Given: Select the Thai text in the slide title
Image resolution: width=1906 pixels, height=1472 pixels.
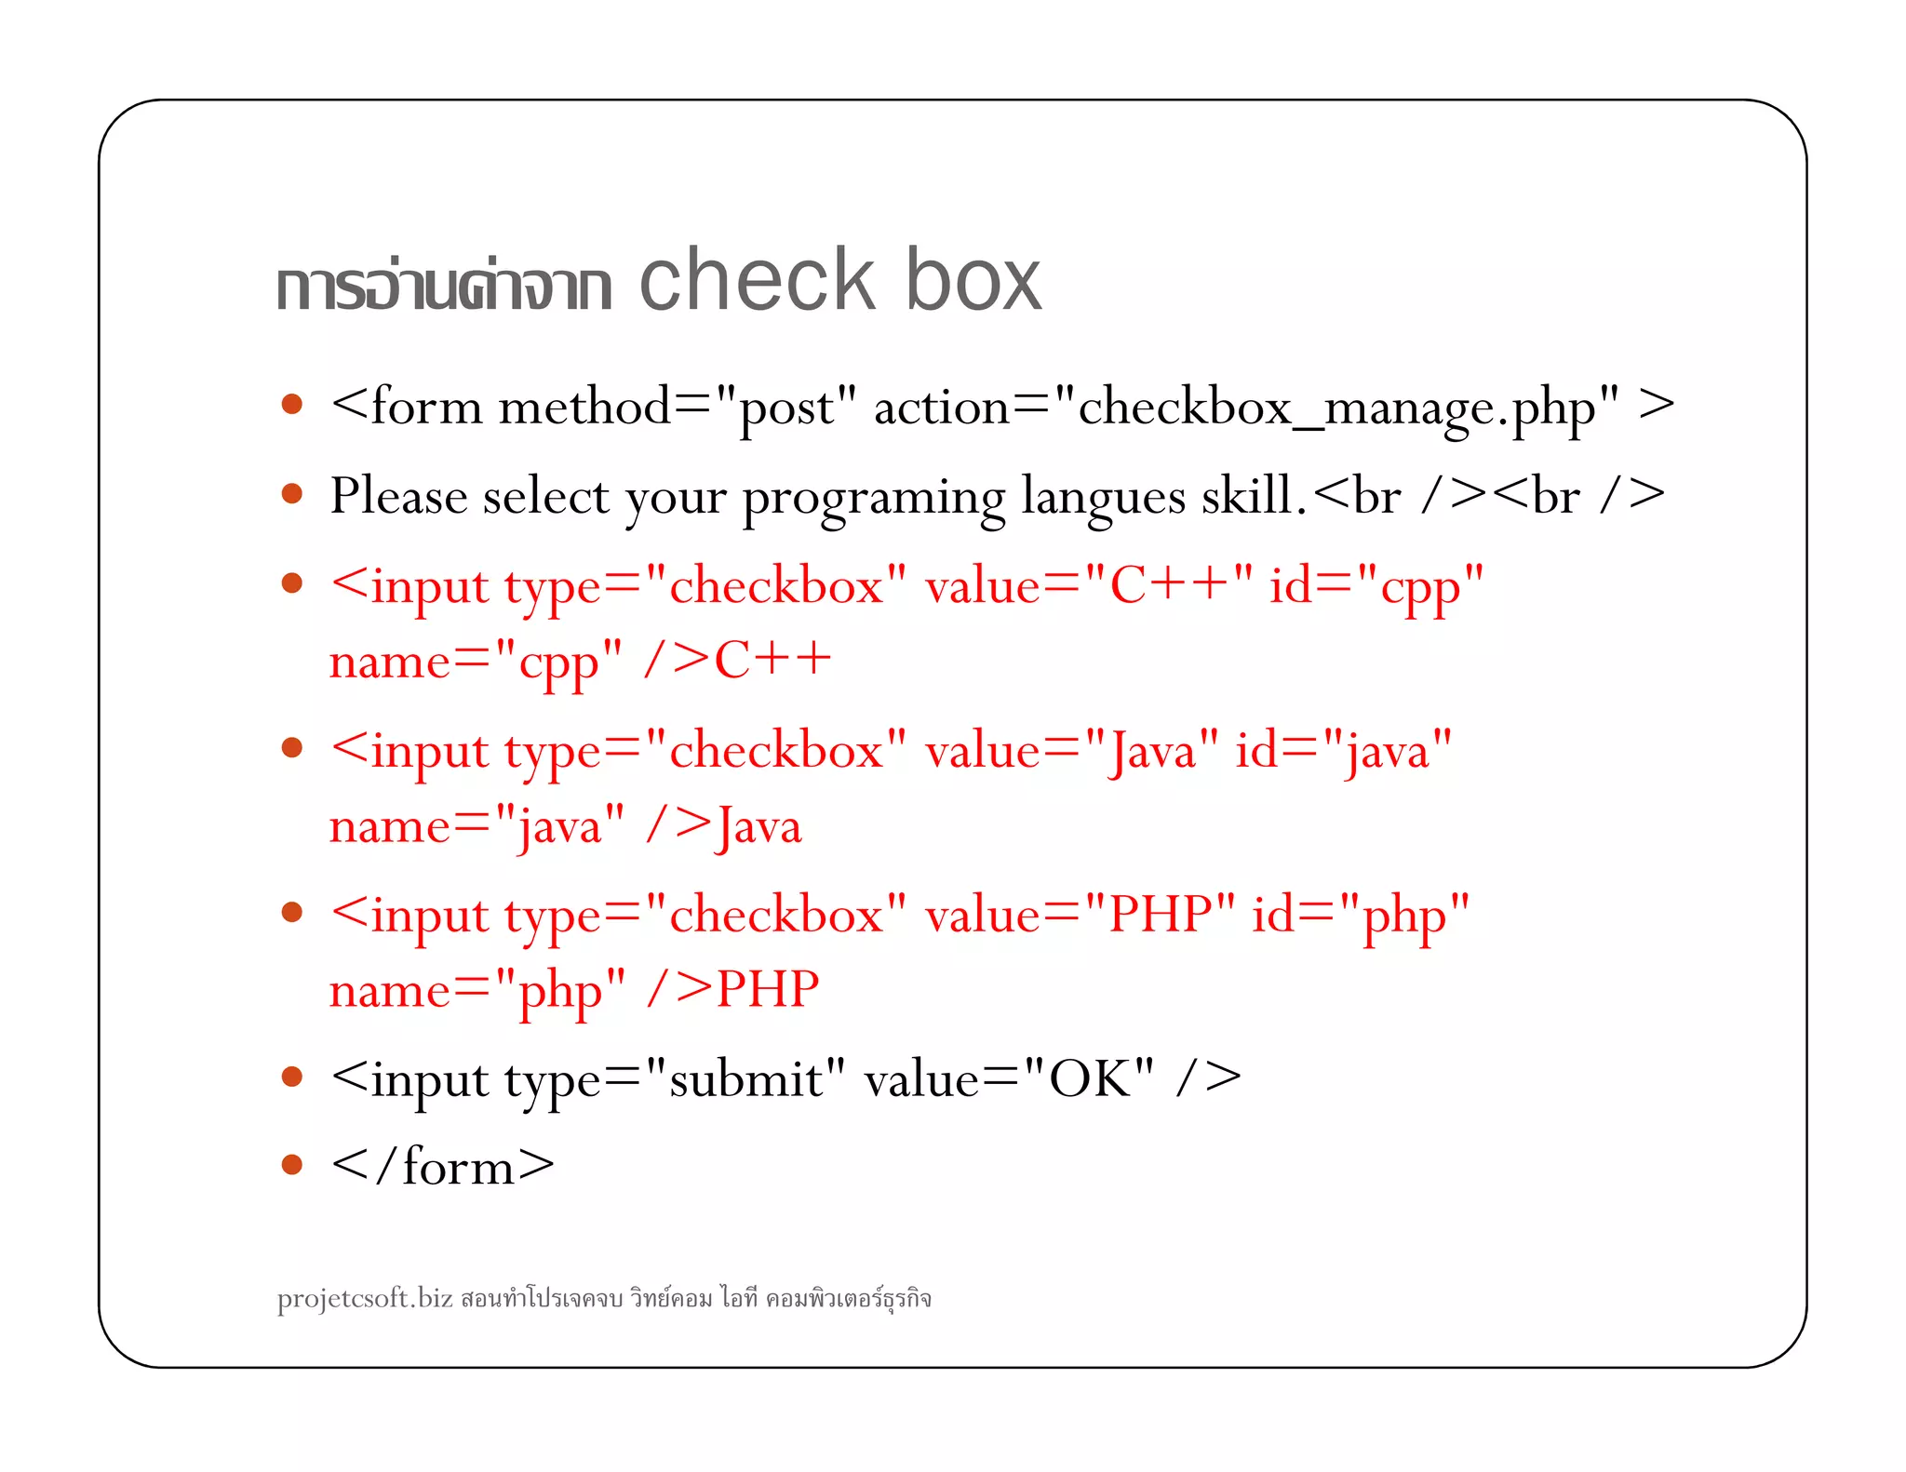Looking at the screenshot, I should tap(443, 284).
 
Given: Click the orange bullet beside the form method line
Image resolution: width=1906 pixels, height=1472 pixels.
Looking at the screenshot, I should tap(292, 404).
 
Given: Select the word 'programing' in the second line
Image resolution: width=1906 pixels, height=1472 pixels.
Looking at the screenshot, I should tap(873, 497).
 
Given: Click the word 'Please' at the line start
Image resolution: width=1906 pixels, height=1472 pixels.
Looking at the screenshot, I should tap(397, 495).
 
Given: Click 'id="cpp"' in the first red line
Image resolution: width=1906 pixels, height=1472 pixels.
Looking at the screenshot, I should tap(1376, 586).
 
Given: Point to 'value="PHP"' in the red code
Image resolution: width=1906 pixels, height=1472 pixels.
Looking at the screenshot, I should tap(1081, 915).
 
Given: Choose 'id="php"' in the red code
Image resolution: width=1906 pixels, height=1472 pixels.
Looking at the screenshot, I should tap(1361, 915).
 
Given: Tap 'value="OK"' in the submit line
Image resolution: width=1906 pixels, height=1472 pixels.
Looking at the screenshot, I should tap(1009, 1079).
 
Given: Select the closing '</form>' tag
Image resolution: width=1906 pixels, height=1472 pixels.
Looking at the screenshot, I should tap(442, 1167).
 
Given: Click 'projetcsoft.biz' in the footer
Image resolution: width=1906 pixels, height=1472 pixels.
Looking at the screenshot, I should tap(365, 1297).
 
